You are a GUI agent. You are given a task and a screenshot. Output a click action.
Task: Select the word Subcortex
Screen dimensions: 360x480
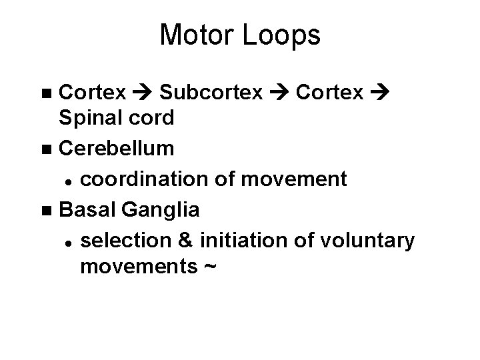pos(211,91)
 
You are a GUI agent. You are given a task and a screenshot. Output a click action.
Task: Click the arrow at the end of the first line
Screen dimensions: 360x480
pos(381,91)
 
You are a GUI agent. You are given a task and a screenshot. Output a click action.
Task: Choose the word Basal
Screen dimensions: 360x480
pos(87,209)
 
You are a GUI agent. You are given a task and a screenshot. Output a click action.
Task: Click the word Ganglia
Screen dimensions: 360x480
pos(160,209)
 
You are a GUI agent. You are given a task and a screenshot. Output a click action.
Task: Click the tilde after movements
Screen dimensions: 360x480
pos(209,267)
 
